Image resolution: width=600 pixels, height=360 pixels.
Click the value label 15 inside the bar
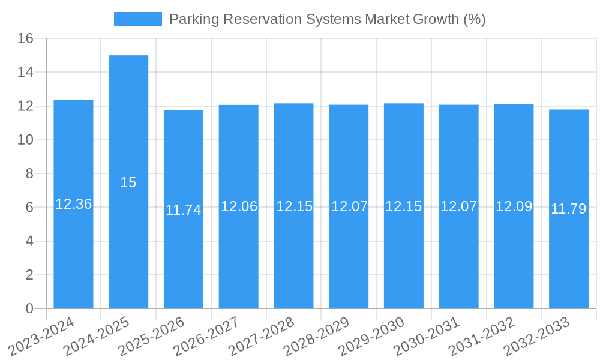pos(128,182)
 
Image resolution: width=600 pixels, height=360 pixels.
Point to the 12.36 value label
pos(73,204)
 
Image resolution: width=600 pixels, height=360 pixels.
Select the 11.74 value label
pos(184,210)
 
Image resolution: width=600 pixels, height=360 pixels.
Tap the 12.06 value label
pos(239,206)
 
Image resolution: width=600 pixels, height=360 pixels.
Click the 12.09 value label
pos(514,206)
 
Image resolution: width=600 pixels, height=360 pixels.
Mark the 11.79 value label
pos(569,209)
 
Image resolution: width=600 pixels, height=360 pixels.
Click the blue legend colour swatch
pos(138,19)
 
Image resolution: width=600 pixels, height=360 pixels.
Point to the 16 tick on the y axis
pos(25,39)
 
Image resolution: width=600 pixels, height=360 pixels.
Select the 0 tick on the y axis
pos(29,308)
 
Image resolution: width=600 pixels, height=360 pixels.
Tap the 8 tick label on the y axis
pos(29,174)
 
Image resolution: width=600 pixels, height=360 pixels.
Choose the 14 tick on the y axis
pos(25,73)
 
